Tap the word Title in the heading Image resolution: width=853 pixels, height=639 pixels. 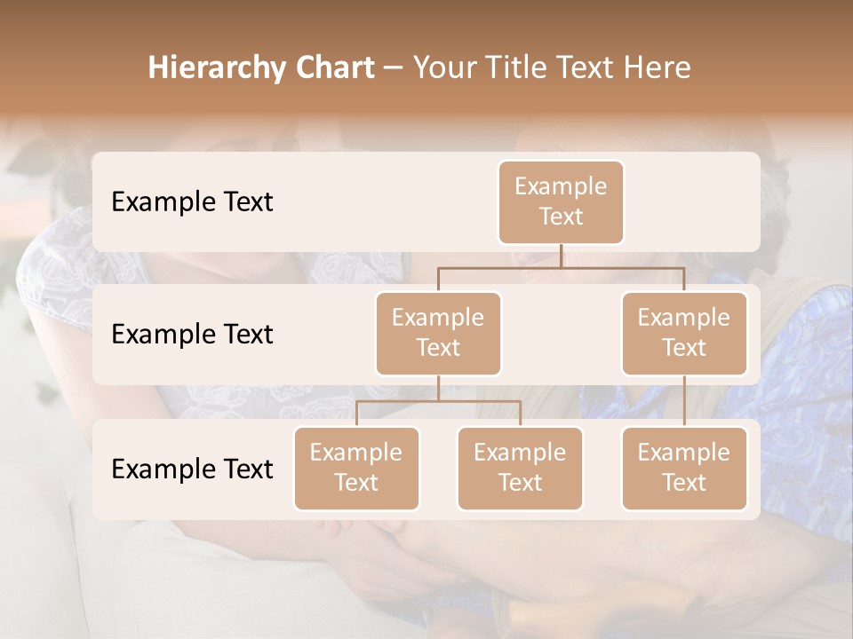click(x=522, y=68)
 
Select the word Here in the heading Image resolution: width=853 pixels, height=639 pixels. click(x=660, y=68)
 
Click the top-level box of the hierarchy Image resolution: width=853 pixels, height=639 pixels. click(x=561, y=201)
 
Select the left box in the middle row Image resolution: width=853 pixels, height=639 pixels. click(x=438, y=333)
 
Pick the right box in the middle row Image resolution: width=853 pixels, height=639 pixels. click(x=684, y=333)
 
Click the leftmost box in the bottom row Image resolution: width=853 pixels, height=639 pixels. click(x=356, y=468)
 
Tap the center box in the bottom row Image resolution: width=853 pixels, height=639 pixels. click(x=520, y=468)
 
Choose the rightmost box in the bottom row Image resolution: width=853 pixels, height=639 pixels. click(x=684, y=468)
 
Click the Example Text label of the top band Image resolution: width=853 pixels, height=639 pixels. click(x=192, y=202)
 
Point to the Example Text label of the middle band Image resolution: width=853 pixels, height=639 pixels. click(x=192, y=335)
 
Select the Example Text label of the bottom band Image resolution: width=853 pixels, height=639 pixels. click(x=192, y=469)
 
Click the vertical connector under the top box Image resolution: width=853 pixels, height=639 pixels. click(x=561, y=256)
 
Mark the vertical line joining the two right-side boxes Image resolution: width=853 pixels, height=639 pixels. click(x=684, y=401)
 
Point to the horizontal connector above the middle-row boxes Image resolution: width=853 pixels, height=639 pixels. click(x=561, y=267)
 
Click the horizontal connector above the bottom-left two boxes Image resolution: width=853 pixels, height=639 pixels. click(x=438, y=401)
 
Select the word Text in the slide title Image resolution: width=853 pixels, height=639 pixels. click(x=592, y=68)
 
